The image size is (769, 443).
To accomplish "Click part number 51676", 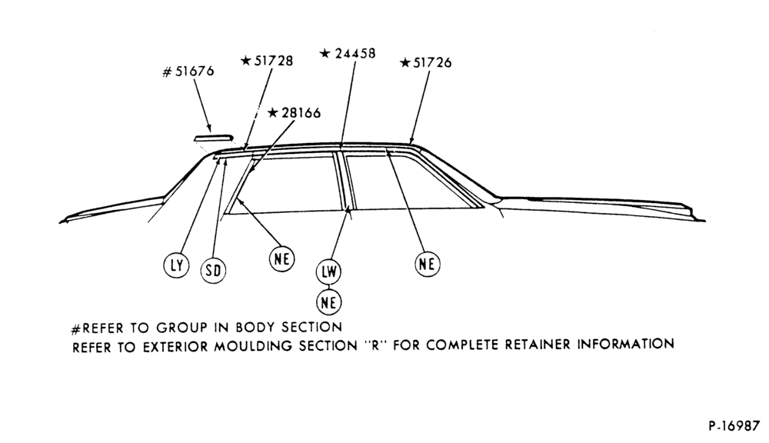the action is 195,72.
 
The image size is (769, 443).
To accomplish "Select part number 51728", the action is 274,61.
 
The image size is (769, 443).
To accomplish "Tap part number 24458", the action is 355,54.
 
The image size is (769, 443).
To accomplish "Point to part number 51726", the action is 432,63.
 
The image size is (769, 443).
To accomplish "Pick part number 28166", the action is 301,113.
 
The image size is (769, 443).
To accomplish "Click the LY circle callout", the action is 176,265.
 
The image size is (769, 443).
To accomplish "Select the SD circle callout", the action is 213,270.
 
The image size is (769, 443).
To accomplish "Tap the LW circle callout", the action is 328,271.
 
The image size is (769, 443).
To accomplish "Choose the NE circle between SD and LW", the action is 282,258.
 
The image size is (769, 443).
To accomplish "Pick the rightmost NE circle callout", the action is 427,264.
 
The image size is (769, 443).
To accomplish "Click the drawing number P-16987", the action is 733,426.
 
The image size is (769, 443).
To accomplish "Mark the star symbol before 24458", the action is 325,53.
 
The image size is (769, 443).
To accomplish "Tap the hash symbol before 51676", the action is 167,72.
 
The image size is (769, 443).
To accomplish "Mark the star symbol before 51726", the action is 405,63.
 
